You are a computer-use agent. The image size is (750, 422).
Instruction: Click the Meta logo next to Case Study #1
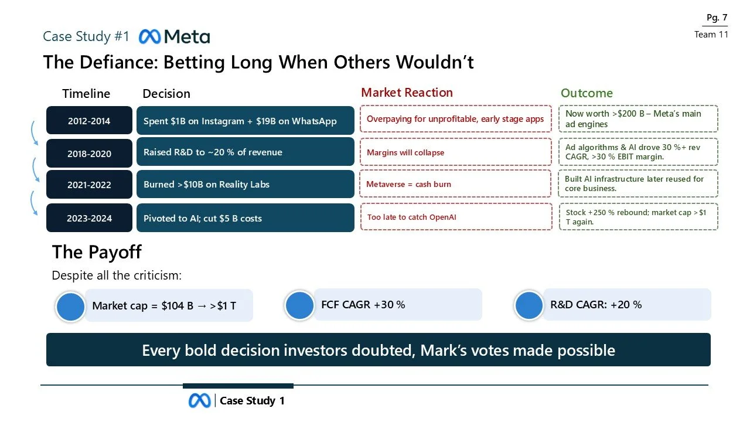click(174, 37)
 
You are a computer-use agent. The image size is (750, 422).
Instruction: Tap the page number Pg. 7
click(717, 18)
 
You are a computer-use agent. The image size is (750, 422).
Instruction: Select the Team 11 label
click(711, 35)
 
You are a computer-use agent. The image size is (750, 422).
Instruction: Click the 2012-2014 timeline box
click(89, 121)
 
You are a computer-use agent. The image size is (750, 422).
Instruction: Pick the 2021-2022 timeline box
click(89, 185)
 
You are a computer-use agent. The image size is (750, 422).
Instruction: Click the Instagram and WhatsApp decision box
click(245, 121)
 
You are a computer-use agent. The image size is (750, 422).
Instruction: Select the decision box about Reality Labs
click(245, 184)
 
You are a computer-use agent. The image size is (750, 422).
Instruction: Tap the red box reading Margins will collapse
click(455, 152)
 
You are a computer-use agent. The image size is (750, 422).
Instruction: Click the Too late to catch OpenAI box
click(455, 217)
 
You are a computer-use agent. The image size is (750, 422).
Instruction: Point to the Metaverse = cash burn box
click(455, 184)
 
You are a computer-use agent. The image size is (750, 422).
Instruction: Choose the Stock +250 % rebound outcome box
click(638, 217)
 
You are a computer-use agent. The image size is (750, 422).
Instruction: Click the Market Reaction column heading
click(407, 93)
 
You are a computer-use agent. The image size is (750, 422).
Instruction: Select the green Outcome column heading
click(587, 93)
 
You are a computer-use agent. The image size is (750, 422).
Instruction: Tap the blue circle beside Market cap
click(71, 307)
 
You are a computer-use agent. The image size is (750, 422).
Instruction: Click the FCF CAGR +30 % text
click(363, 304)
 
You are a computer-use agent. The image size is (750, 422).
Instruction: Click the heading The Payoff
click(97, 252)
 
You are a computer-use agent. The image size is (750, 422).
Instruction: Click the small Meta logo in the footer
click(199, 401)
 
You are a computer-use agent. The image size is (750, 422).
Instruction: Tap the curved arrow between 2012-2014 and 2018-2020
click(33, 134)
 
